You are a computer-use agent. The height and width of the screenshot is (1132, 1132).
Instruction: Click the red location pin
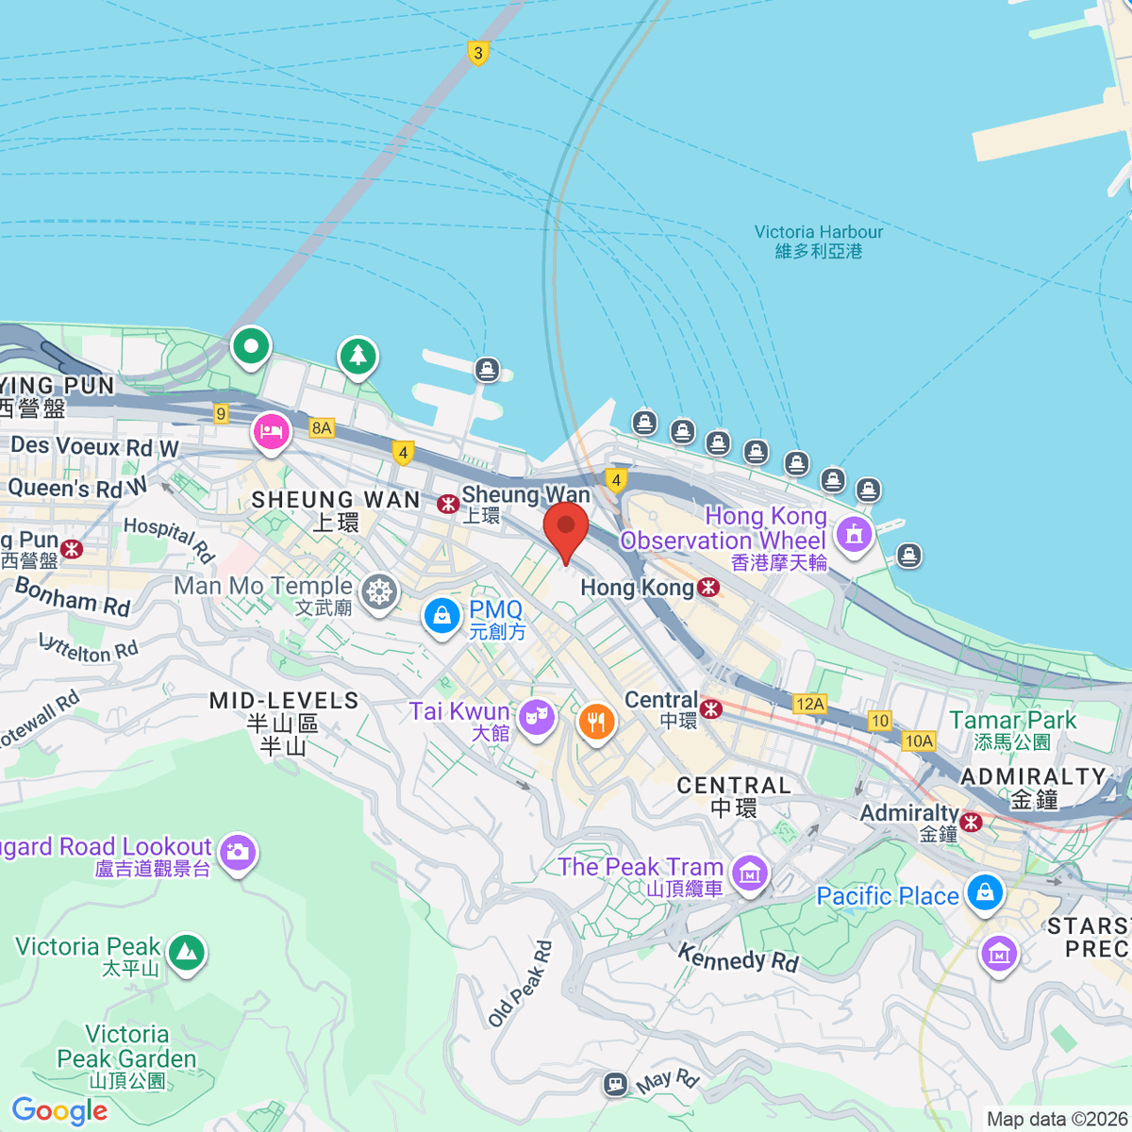point(566,527)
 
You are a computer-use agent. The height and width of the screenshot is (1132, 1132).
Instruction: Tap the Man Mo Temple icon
point(379,592)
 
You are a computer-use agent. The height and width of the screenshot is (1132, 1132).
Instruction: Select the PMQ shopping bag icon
point(441,616)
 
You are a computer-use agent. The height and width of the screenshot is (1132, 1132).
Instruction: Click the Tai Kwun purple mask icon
point(536,717)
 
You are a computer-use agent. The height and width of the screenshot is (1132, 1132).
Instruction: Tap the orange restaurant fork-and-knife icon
point(595,723)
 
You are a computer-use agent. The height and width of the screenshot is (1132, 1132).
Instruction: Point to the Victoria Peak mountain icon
point(187,952)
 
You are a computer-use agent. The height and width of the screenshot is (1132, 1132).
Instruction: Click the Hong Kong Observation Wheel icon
point(854,534)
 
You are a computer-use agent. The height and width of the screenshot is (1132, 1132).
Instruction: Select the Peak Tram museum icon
point(750,873)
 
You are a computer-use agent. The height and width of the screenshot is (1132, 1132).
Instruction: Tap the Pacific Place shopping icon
point(985,891)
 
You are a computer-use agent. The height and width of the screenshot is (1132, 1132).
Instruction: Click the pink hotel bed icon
point(272,433)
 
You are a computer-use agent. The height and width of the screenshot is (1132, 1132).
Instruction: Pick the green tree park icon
point(358,356)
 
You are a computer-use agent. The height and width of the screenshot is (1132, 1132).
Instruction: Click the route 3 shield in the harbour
point(478,53)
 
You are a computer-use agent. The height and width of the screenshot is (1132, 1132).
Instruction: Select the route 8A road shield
point(322,427)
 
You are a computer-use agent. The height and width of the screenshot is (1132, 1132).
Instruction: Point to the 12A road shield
point(809,704)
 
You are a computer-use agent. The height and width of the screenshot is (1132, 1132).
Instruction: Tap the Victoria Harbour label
point(818,241)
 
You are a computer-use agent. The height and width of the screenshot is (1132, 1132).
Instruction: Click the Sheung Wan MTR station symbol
point(448,504)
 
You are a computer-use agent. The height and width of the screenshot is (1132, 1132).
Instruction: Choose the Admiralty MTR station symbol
point(971,822)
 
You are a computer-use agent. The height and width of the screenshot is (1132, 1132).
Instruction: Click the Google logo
point(59,1110)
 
